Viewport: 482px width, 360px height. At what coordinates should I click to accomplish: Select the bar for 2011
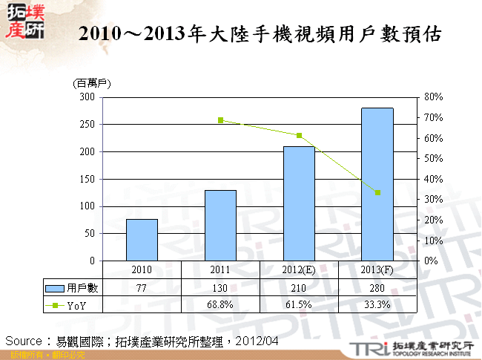[220, 225]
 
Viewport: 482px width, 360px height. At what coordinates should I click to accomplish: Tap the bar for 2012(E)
[299, 203]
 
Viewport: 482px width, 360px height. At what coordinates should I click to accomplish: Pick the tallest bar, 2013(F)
[377, 184]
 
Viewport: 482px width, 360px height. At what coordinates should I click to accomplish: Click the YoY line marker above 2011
[220, 120]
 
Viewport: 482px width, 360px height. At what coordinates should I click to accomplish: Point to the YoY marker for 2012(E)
[299, 135]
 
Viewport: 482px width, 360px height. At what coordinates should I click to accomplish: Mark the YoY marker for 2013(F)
[377, 192]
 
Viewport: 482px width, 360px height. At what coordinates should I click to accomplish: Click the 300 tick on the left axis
[88, 97]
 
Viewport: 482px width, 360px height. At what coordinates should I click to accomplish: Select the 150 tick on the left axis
[88, 179]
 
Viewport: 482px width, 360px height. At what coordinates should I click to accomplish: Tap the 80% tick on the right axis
[433, 97]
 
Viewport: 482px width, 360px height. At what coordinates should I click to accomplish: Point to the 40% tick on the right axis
[433, 179]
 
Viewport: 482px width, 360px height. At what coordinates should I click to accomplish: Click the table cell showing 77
[142, 288]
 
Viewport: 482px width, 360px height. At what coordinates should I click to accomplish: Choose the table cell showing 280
[377, 288]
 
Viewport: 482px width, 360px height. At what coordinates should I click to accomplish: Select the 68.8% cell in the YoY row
[220, 304]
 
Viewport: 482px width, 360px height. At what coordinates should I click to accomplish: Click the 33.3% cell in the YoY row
[377, 304]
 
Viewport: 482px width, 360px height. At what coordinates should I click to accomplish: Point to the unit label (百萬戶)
[91, 84]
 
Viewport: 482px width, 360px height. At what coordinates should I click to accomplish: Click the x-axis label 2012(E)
[299, 269]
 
